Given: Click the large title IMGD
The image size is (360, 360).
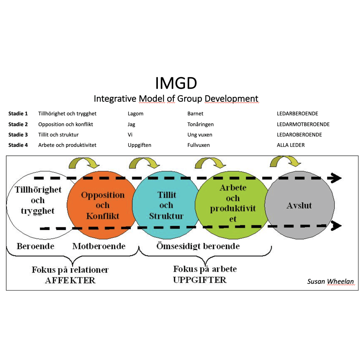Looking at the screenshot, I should coord(176,83).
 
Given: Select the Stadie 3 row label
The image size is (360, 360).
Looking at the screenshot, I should coord(18,135).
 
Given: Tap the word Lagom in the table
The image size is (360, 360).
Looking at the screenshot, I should coord(135,114).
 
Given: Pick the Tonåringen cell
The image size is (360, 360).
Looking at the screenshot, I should coord(200,124).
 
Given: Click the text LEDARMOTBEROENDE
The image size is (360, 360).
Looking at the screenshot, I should coord(303,124).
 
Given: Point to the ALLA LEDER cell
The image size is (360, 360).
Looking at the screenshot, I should coord(291,145).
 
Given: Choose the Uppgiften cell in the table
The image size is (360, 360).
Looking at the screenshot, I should coord(139,145).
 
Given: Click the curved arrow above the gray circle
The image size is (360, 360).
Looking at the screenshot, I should coord(285,161).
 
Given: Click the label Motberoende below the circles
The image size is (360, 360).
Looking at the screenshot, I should coord(99,246).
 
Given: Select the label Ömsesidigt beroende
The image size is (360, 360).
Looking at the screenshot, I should coord(198,246).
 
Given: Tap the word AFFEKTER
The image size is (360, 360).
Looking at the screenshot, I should coord(70,280).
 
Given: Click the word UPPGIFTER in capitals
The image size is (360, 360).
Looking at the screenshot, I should coord(200,280).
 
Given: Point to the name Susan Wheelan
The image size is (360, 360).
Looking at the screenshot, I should coord(330,281).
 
